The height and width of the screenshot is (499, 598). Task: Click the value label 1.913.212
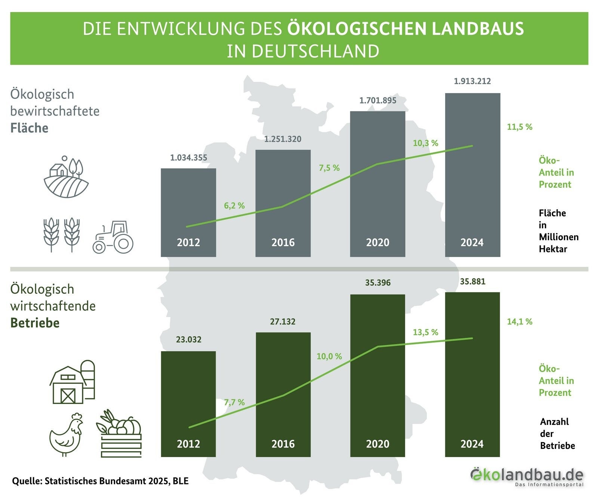click(x=472, y=81)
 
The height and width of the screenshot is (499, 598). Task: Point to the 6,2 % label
click(x=234, y=206)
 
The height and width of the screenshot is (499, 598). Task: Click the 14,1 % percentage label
click(x=520, y=322)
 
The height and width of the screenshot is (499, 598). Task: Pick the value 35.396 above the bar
click(x=377, y=283)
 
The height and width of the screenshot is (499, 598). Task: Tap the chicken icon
click(x=67, y=434)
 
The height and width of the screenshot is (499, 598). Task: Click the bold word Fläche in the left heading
click(x=29, y=128)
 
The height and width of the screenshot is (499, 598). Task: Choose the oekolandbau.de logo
click(x=527, y=476)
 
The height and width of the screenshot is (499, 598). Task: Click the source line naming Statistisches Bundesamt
click(x=100, y=481)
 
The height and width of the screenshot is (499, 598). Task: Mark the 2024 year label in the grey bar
click(x=472, y=243)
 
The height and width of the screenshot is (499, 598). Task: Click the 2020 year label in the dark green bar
click(x=377, y=444)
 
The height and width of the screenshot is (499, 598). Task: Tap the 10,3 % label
click(x=425, y=143)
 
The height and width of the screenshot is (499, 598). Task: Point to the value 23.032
click(x=188, y=340)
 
